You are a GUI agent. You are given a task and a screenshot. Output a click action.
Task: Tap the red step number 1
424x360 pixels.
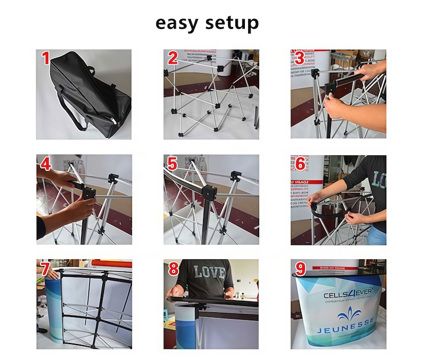pyautogui.click(x=46, y=58)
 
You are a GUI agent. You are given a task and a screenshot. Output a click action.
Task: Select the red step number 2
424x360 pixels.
pyautogui.click(x=173, y=58)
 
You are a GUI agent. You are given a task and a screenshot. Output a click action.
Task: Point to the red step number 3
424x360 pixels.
pyautogui.click(x=299, y=58)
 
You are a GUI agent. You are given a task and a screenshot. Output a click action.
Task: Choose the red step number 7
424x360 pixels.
pyautogui.click(x=46, y=269)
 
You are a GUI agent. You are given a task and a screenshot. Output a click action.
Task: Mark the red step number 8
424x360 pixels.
pyautogui.click(x=173, y=269)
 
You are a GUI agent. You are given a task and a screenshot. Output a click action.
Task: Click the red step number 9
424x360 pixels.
pyautogui.click(x=299, y=269)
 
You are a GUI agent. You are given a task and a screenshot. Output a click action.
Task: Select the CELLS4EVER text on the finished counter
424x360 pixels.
pyautogui.click(x=348, y=293)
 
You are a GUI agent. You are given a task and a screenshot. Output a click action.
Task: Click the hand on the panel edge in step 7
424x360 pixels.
pyautogui.click(x=53, y=275)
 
